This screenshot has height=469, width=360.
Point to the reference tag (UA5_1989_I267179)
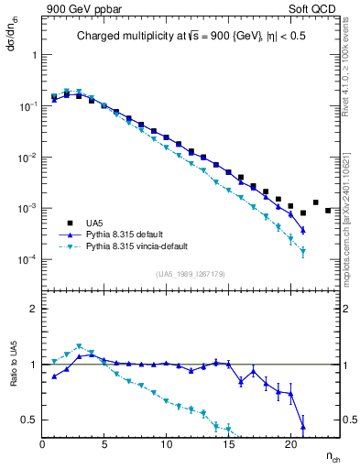tap(191, 273)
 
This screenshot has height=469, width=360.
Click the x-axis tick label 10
tap(166, 445)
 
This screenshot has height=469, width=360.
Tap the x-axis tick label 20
tap(289, 445)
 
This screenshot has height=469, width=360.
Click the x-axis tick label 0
tap(43, 445)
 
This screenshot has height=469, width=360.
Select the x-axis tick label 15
tap(228, 445)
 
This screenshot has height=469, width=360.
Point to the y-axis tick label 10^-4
tap(28, 260)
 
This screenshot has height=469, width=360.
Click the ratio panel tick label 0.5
tap(31, 420)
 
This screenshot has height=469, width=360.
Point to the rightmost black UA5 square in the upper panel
tap(328, 210)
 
